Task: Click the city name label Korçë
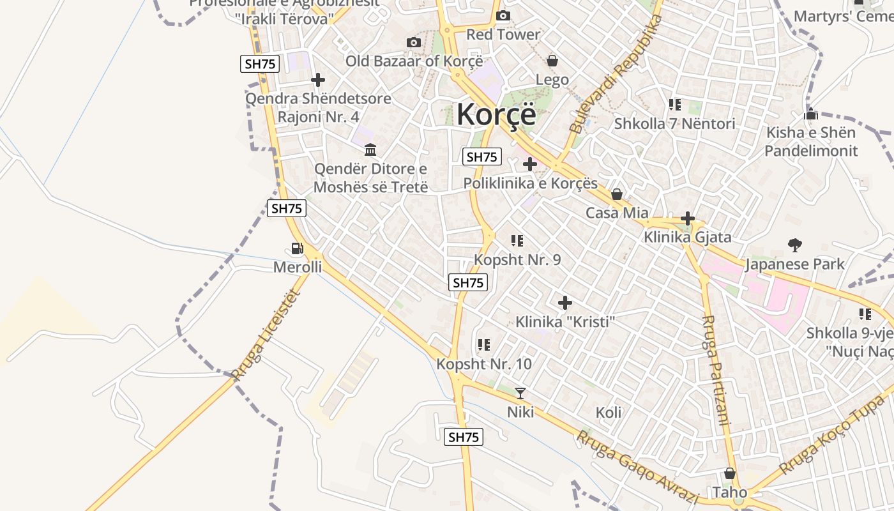pos(496,115)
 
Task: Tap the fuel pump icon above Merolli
pos(297,248)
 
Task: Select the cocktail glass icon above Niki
pos(520,393)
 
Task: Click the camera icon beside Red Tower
pos(503,15)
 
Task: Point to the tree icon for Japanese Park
pos(795,245)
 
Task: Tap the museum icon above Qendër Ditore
pos(370,150)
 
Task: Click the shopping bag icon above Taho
pos(729,473)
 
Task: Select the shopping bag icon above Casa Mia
pos(617,194)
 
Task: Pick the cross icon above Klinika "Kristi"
pos(564,303)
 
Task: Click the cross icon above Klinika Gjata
pos(687,218)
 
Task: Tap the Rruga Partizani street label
pos(715,370)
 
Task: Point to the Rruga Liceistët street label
pos(266,335)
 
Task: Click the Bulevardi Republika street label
pos(615,73)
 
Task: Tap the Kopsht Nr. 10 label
pos(483,364)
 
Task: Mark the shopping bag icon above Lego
pos(552,61)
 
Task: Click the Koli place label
pos(608,412)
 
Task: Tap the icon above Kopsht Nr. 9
pos(517,241)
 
